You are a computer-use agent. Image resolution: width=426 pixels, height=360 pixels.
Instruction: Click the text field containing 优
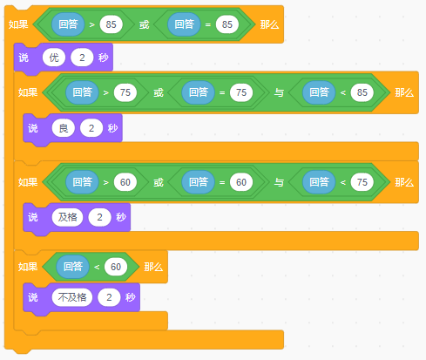[x=54, y=58]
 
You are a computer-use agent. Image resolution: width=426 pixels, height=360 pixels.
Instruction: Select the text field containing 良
[x=64, y=128]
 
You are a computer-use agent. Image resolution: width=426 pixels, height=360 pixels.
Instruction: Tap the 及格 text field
[x=67, y=217]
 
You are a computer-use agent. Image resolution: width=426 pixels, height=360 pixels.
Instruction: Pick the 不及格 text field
[x=72, y=297]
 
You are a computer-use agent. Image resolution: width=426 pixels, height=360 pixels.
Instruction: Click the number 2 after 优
[x=82, y=58]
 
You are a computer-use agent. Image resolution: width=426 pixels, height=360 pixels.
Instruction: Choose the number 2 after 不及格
[x=109, y=297]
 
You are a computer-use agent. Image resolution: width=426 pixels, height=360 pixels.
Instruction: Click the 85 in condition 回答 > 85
[x=111, y=24]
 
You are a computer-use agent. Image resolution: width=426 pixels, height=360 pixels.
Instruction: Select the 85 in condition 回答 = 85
[x=227, y=24]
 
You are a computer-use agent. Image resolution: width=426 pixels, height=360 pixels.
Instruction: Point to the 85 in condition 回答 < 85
[x=362, y=92]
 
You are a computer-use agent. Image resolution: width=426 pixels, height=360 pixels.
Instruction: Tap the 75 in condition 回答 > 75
[x=125, y=92]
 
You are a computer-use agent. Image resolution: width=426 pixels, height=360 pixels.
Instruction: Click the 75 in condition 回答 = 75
[x=241, y=92]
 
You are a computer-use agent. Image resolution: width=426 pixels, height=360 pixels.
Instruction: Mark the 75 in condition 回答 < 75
[x=362, y=182]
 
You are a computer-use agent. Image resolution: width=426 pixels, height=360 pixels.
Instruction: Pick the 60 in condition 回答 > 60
[x=125, y=182]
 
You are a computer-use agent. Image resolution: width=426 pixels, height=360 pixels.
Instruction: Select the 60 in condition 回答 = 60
[x=241, y=182]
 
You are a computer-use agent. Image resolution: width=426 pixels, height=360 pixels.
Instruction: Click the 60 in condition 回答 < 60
[x=116, y=267]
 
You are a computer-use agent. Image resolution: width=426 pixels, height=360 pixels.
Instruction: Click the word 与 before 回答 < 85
[x=279, y=92]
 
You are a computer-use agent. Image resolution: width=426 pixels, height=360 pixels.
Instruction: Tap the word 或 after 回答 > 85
[x=144, y=24]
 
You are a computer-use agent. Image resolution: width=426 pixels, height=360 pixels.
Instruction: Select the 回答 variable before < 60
[x=73, y=267]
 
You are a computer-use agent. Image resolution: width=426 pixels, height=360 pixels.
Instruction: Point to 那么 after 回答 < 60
[x=153, y=267]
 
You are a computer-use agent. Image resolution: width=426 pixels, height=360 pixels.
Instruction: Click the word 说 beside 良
[x=33, y=128]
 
